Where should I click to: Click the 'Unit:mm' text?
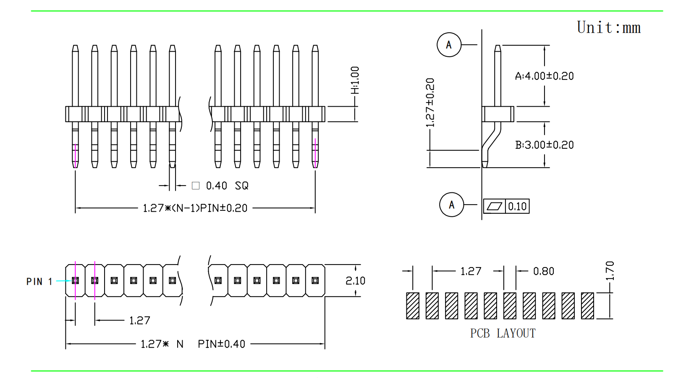[x=608, y=28]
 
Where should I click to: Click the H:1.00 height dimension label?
[x=355, y=80]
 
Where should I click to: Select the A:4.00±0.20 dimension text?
[x=544, y=76]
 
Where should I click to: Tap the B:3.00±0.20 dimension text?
[x=544, y=145]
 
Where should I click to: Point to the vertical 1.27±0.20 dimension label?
[x=430, y=102]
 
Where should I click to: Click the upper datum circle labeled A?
[x=449, y=45]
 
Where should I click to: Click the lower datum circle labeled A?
[x=451, y=205]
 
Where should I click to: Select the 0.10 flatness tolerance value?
[x=517, y=206]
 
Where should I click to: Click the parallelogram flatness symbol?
[x=494, y=206]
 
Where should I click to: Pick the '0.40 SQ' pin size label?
[x=227, y=186]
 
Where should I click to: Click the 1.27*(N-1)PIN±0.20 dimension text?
[x=195, y=208]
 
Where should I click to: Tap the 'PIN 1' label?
[x=39, y=281]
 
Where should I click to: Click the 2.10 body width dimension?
[x=355, y=281]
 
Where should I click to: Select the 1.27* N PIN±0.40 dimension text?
[x=193, y=344]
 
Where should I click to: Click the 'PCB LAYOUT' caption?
[x=503, y=333]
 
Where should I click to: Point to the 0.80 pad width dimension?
[x=544, y=271]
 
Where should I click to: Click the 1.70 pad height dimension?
[x=610, y=270]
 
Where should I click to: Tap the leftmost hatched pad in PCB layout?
[x=413, y=306]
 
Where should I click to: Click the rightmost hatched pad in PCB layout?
[x=587, y=306]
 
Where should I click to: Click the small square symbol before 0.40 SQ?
[x=196, y=186]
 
